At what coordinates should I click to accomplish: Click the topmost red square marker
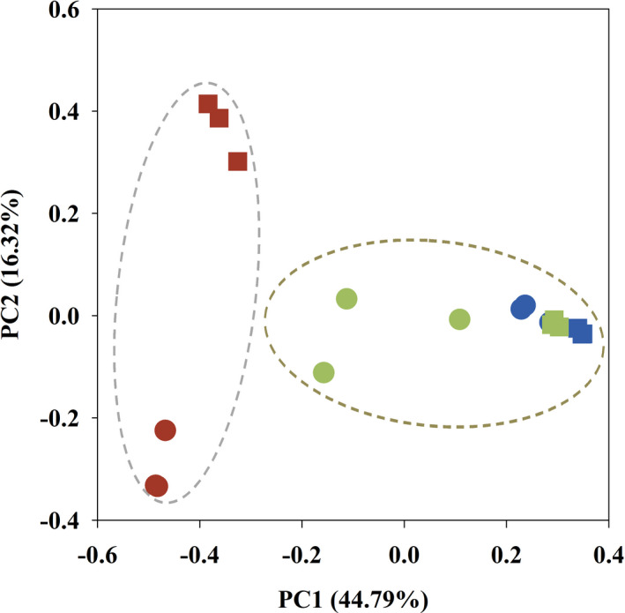click(x=208, y=105)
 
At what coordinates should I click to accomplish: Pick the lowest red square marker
click(x=237, y=161)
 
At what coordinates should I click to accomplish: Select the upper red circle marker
click(x=166, y=430)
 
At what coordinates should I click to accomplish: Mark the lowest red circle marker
click(x=157, y=486)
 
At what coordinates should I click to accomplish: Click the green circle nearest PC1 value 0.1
click(x=459, y=319)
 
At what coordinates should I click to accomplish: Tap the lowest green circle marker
click(x=324, y=372)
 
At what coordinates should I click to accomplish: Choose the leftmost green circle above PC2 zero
click(x=346, y=299)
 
